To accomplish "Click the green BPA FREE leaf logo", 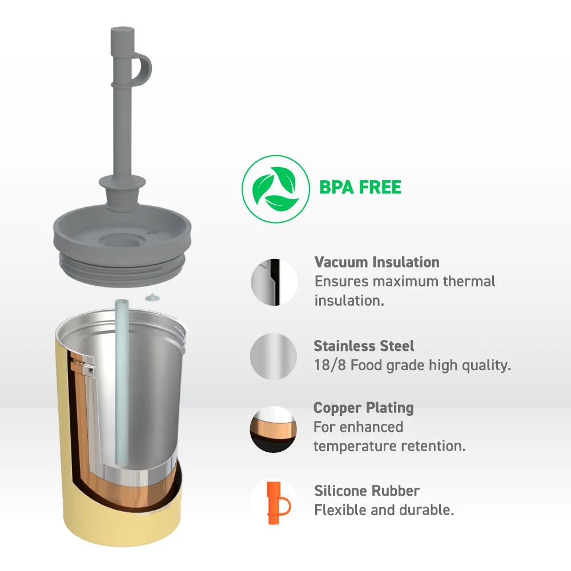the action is [276, 189].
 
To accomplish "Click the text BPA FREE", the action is [360, 188].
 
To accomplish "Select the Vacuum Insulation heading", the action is [377, 262].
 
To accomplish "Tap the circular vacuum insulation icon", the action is [274, 282].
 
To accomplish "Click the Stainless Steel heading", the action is [364, 346].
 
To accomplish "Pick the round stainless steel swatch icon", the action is [274, 357].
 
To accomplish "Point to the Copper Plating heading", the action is [364, 408].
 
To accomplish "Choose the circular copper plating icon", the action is [273, 430].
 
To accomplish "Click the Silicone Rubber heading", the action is [367, 491].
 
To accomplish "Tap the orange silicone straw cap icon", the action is [278, 503].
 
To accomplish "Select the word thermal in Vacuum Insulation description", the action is [469, 281].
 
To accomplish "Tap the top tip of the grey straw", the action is [123, 29].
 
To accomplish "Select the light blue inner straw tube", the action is [122, 382].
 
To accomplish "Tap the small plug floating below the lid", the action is [152, 298].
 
